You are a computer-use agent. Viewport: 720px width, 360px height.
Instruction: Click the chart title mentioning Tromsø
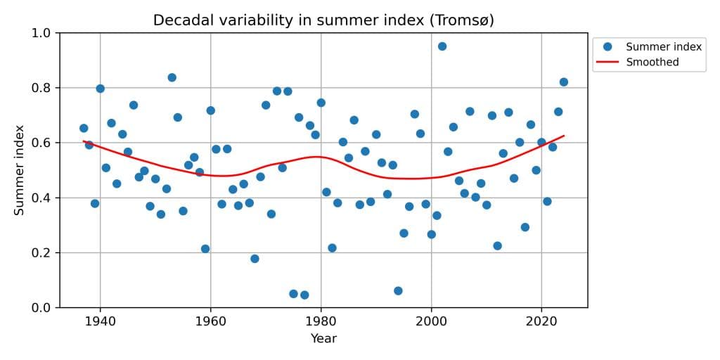(x=323, y=20)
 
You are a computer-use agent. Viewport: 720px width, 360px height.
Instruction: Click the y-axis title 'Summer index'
(x=20, y=170)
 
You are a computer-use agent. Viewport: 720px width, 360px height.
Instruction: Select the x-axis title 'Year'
(x=323, y=339)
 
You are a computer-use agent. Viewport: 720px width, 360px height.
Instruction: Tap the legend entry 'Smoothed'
(x=652, y=62)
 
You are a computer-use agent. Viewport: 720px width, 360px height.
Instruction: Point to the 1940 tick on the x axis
(x=100, y=320)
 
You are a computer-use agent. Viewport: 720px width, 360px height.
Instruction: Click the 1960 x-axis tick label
(x=210, y=320)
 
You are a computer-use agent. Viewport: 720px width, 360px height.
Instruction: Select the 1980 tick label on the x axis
(x=321, y=320)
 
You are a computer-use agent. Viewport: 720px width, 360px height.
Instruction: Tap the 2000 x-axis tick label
(x=431, y=320)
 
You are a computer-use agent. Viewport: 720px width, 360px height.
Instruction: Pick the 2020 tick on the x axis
(x=541, y=320)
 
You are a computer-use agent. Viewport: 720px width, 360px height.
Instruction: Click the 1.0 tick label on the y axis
(x=41, y=33)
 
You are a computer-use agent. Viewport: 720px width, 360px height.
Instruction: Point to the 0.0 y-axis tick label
(x=41, y=308)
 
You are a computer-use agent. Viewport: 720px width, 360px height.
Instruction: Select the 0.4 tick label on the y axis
(x=41, y=198)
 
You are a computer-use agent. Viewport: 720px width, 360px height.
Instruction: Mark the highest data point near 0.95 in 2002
(x=442, y=46)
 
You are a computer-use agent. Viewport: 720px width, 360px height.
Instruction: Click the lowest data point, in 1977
(x=304, y=295)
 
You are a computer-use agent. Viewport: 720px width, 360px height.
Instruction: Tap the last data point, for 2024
(x=563, y=82)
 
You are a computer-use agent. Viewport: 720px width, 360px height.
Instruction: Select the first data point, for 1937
(x=84, y=128)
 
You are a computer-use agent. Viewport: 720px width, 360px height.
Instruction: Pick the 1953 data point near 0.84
(x=172, y=77)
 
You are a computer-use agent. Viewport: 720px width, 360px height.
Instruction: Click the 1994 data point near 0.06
(x=398, y=290)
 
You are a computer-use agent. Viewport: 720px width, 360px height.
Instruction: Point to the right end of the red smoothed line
(x=563, y=136)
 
